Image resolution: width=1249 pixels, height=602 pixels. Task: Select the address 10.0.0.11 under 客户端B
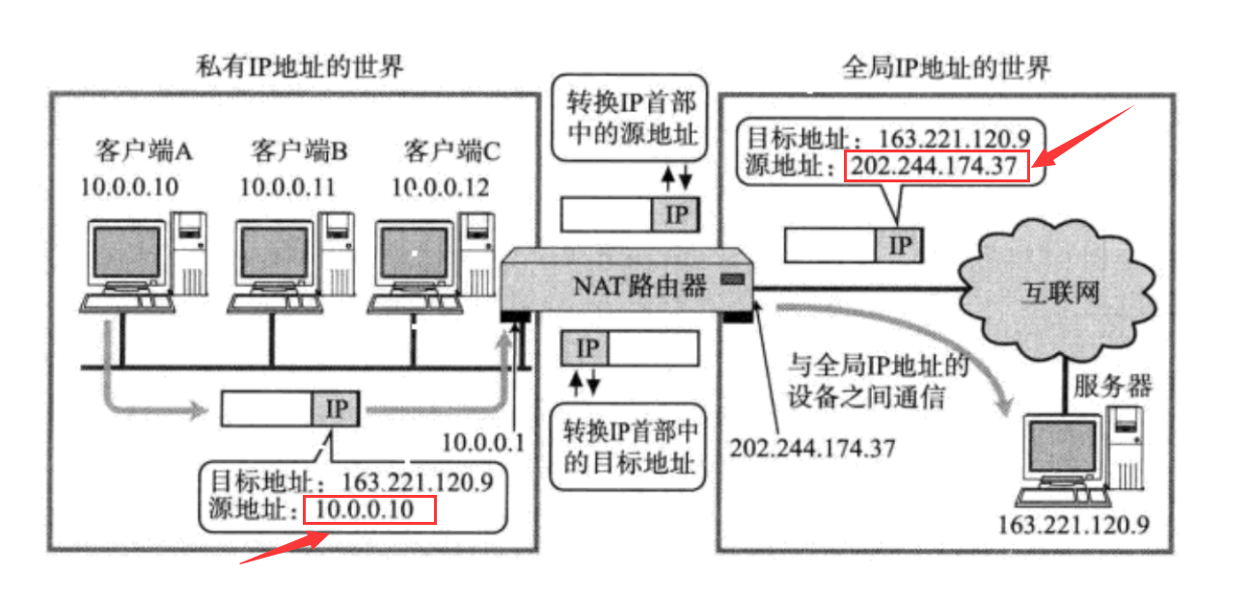287,186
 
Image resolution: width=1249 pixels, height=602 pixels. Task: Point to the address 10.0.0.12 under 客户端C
440,186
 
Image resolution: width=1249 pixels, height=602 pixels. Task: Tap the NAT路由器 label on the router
640,285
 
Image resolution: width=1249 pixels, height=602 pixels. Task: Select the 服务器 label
1113,386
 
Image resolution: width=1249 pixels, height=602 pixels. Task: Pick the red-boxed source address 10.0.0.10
369,509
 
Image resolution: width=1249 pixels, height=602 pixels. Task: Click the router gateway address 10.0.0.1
482,444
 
